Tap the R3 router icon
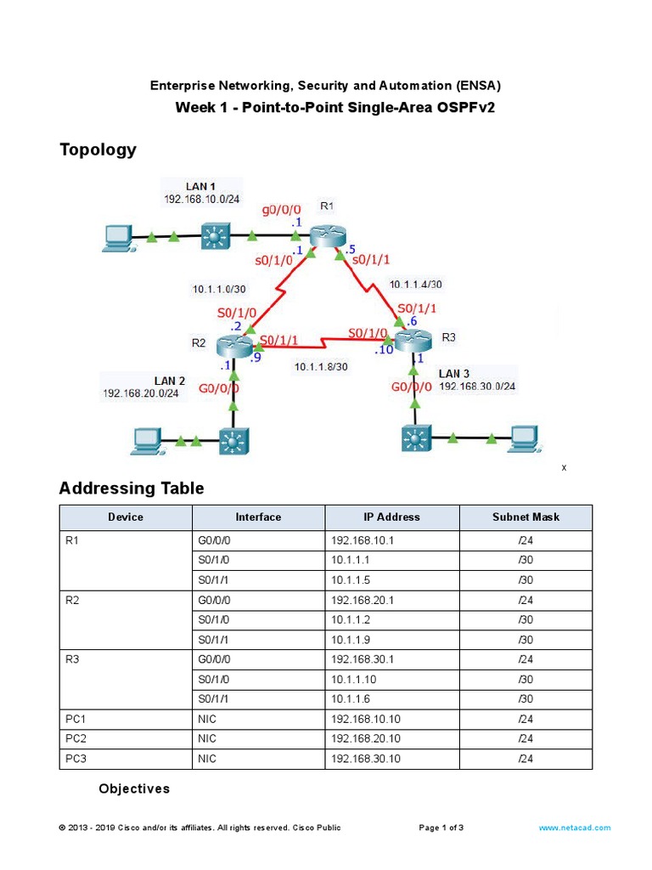[413, 342]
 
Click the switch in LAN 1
[215, 235]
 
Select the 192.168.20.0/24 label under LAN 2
[141, 393]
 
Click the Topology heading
[98, 150]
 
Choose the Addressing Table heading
[132, 489]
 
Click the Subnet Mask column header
[526, 517]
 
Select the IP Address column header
[391, 517]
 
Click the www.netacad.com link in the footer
[574, 828]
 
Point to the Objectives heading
[134, 789]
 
